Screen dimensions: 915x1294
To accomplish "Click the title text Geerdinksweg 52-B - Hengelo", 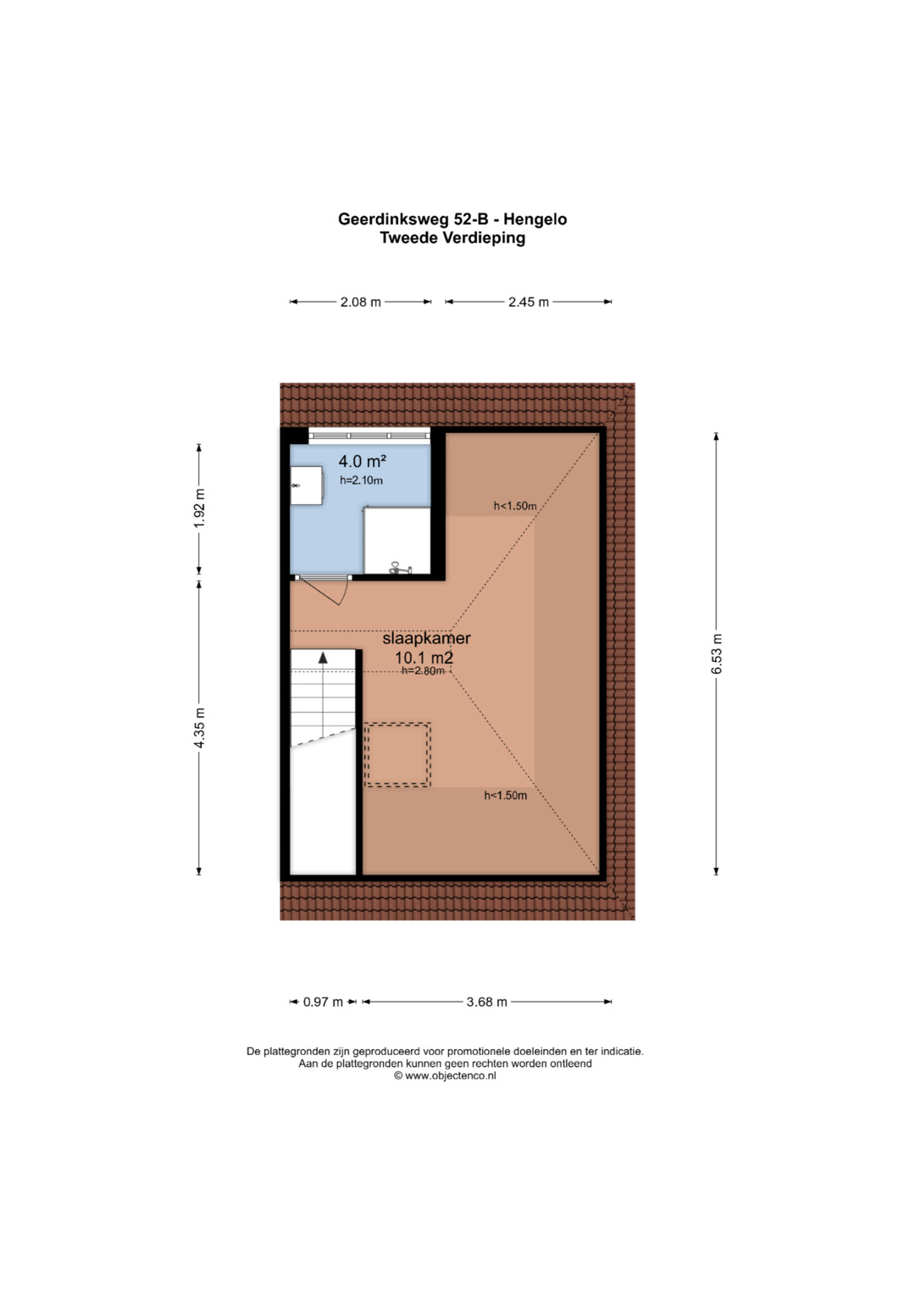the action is click(x=452, y=219).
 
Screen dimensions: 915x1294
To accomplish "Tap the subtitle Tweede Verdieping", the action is click(x=452, y=238).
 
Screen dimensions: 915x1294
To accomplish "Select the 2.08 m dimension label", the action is click(x=360, y=302).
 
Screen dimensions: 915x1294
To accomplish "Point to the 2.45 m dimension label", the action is click(x=529, y=302).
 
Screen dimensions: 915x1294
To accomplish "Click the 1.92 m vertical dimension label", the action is click(x=199, y=508).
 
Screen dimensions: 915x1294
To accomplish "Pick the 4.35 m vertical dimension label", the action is click(x=199, y=728).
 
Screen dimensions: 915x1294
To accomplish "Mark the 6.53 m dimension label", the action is click(x=717, y=654).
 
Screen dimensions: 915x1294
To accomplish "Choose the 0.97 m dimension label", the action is click(x=323, y=1002).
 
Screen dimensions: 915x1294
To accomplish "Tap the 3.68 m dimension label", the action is click(x=487, y=1002).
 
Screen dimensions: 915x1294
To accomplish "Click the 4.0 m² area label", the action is click(x=363, y=461).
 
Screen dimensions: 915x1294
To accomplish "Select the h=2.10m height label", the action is click(x=361, y=480).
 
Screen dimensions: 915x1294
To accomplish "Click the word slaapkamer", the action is click(x=426, y=638).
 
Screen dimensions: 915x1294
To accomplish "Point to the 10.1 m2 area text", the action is click(x=424, y=657).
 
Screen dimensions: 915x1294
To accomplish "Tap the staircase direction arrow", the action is click(x=323, y=658).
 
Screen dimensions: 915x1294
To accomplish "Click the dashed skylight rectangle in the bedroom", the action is click(x=397, y=754).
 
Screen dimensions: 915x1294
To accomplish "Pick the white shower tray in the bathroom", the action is click(x=396, y=541).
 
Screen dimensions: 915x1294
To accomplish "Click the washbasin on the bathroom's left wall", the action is click(x=306, y=486).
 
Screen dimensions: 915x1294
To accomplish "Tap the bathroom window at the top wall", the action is click(x=369, y=436).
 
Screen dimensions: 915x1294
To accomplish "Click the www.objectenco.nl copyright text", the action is click(x=445, y=1075).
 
